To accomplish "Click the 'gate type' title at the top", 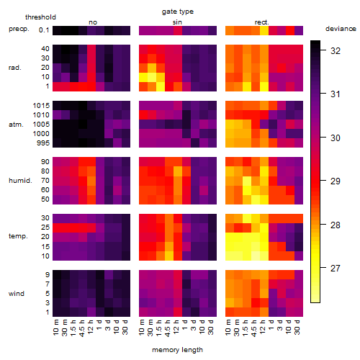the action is point(178,12).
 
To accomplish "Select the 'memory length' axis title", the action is point(177,350).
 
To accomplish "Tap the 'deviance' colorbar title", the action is point(341,29).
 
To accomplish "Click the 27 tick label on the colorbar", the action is point(336,268).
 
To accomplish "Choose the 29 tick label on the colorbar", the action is point(336,181).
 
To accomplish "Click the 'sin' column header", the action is point(177,22).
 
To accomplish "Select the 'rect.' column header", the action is point(262,22).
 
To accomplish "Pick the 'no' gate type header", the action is point(93,22).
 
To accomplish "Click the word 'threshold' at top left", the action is point(40,17).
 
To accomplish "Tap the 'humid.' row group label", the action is point(20,181).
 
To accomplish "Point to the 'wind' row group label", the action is point(17,294).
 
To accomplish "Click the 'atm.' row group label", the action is point(16,125).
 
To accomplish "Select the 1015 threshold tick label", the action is point(41,106).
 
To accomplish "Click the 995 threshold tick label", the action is point(43,143).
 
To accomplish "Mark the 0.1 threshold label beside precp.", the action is point(44,30).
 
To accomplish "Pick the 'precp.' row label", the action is point(19,29).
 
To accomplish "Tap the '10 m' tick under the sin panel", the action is point(143,327).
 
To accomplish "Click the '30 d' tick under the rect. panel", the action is point(297,327).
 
